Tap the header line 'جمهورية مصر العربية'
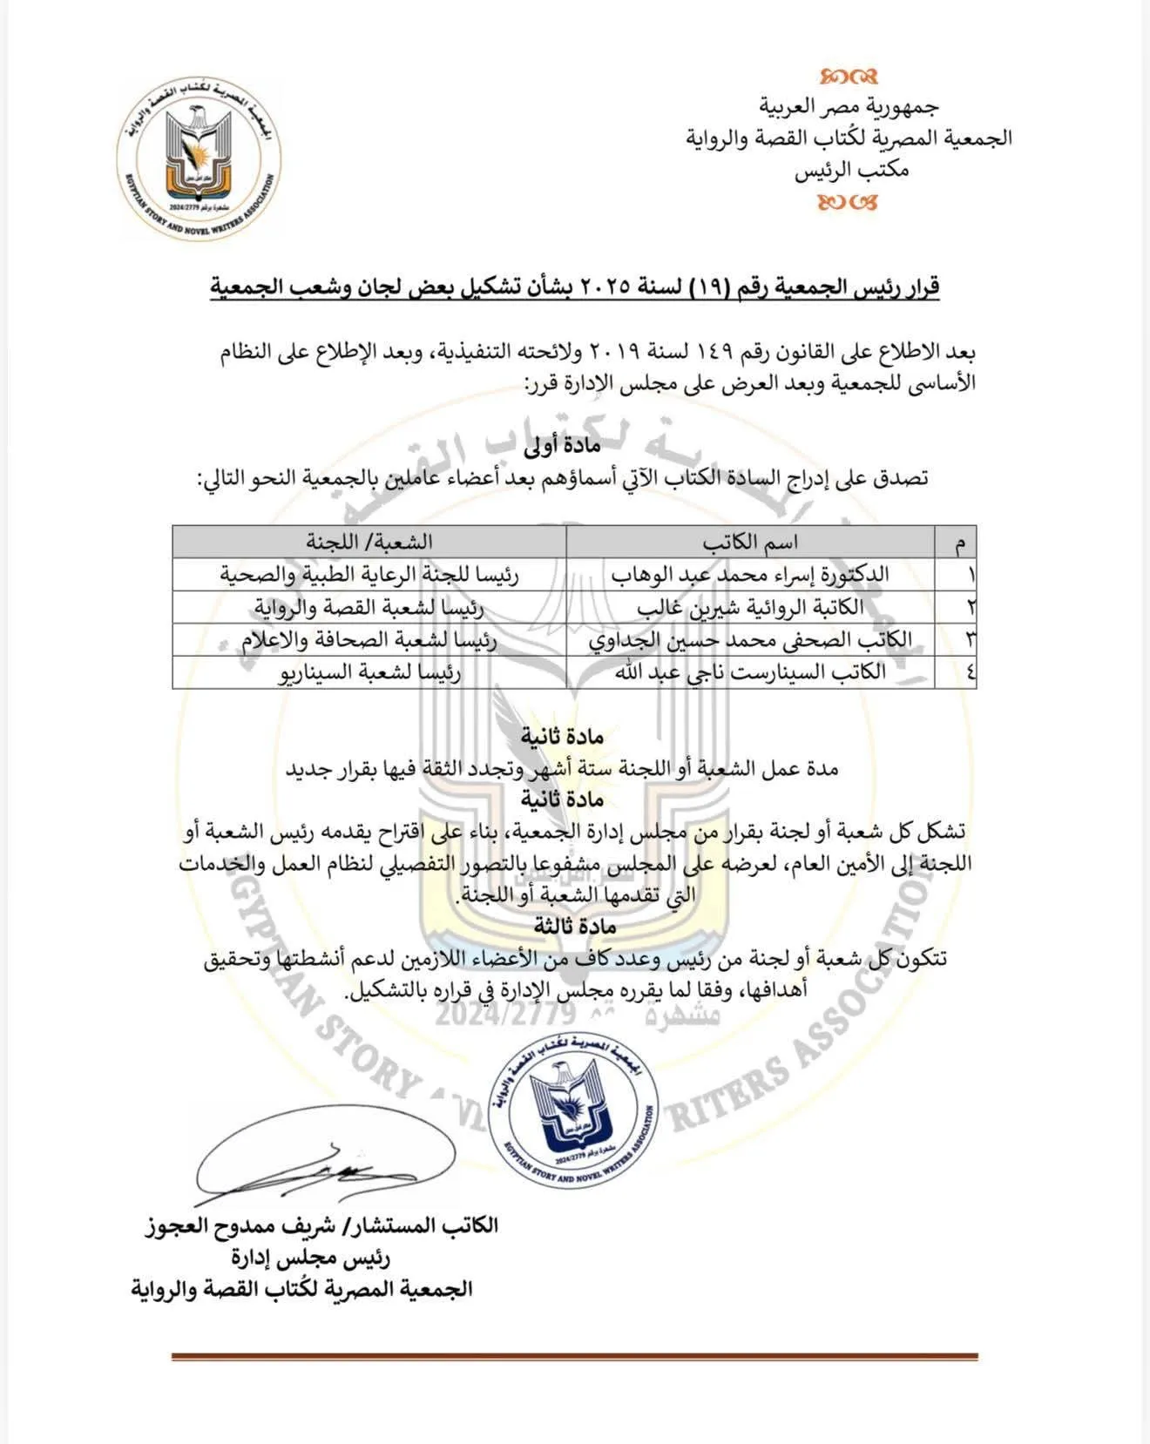(x=849, y=106)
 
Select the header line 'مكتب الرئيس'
(x=851, y=170)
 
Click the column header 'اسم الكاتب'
(x=750, y=543)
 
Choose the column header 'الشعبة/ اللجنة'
(x=369, y=543)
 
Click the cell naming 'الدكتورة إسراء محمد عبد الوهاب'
(x=750, y=575)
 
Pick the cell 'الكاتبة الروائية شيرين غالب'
(x=750, y=607)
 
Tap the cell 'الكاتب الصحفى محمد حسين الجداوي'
(x=750, y=640)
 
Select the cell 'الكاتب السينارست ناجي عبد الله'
(x=750, y=672)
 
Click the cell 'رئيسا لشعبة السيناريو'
(x=369, y=672)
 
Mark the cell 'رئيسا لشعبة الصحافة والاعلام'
(x=369, y=640)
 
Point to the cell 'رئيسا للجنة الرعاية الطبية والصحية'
(x=369, y=575)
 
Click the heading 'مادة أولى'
(x=562, y=447)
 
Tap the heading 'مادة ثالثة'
(x=563, y=927)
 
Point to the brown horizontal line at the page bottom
(x=574, y=1357)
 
